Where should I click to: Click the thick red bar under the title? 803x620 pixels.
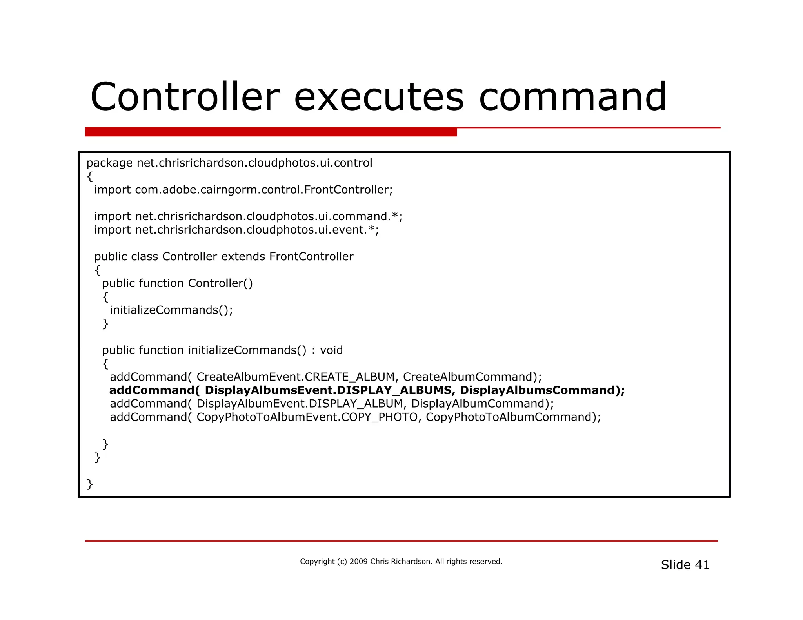271,132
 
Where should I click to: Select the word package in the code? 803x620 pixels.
109,163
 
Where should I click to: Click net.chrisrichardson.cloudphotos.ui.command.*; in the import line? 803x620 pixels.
269,216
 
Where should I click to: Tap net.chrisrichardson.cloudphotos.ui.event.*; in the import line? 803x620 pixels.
257,230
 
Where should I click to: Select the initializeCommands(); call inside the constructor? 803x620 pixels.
171,310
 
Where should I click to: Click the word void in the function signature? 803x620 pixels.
331,350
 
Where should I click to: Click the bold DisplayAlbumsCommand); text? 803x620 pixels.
542,390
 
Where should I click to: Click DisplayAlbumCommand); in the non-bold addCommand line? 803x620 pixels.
483,404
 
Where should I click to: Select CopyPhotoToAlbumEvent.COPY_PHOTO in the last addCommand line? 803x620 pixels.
307,417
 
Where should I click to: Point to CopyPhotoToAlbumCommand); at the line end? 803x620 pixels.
513,417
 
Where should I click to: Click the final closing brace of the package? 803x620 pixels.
90,484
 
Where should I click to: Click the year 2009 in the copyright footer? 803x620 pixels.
358,562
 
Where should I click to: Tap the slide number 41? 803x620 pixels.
702,565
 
